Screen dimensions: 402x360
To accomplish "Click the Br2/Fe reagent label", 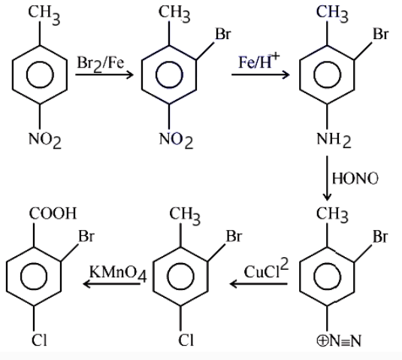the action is (x=101, y=64).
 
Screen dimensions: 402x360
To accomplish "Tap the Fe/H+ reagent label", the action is (x=259, y=61).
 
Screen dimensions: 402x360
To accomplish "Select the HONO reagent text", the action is (x=355, y=178).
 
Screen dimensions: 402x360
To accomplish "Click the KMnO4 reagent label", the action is (x=118, y=274).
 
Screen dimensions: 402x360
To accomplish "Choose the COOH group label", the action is (x=53, y=213).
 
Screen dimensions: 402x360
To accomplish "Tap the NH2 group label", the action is (x=334, y=140).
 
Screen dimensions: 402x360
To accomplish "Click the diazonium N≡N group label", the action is (x=339, y=341).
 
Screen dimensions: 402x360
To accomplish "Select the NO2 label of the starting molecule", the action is (x=45, y=140).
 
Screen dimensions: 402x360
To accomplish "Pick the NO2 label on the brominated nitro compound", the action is (x=176, y=140).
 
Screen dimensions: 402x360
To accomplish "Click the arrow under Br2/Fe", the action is (x=104, y=74).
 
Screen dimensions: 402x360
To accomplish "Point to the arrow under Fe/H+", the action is (x=261, y=74).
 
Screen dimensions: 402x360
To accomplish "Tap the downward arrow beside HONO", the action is (x=327, y=178).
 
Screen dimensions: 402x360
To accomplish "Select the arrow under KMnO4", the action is (x=112, y=284).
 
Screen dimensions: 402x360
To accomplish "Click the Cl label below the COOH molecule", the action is (x=39, y=340).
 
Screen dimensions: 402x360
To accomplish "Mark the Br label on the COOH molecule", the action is (x=86, y=236).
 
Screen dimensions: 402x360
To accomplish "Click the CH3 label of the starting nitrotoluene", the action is (x=44, y=15).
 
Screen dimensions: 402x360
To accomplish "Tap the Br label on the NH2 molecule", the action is (x=381, y=34).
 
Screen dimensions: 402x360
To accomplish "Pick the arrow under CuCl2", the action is (x=258, y=284).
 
